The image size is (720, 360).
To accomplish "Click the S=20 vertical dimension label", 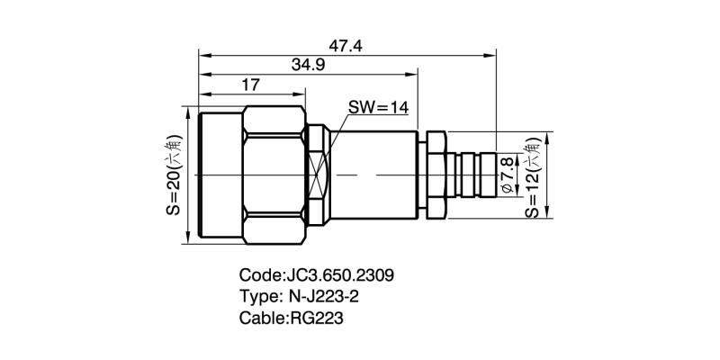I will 173,174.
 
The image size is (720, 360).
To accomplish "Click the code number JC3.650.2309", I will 339,275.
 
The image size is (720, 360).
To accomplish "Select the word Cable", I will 261,319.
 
